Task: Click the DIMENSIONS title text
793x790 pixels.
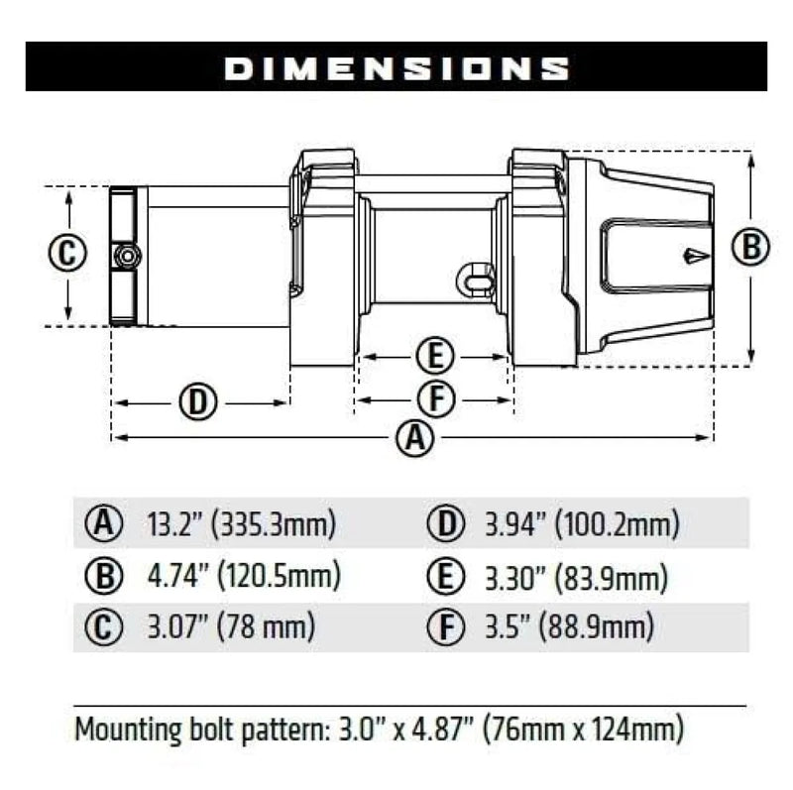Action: tap(396, 67)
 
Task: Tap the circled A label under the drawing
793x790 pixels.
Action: tap(414, 437)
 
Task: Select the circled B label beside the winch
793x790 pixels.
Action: tap(751, 247)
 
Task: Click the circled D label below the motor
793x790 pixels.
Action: tap(198, 401)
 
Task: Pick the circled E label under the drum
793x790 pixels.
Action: tap(434, 354)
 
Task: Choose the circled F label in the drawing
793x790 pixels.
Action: tap(434, 399)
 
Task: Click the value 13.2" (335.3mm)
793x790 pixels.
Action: tap(241, 521)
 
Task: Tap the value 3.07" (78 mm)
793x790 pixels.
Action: tap(230, 627)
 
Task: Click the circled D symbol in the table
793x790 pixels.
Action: tap(443, 521)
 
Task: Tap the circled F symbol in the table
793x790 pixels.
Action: tap(443, 627)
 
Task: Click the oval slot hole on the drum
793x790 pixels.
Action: tap(478, 279)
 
